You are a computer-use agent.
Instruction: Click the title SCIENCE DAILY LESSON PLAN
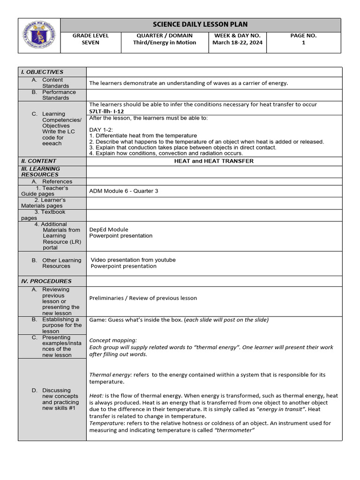pos(200,24)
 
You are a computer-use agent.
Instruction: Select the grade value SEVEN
pos(90,43)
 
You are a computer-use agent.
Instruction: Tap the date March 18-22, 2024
pos(238,43)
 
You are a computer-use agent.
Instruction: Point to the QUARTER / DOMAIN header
pos(165,36)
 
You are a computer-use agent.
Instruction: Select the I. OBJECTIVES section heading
pos(42,72)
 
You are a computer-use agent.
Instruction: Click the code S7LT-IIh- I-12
pos(106,112)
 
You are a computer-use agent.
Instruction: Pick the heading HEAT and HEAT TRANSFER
pos(214,161)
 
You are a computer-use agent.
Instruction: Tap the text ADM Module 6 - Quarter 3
pos(123,191)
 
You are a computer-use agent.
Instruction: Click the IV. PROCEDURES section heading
pos(46,281)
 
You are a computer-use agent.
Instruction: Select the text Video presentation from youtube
pos(133,260)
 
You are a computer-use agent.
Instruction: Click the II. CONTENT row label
pos(38,161)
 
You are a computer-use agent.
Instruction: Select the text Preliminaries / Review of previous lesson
pos(143,298)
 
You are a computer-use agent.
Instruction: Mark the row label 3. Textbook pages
pos(45,215)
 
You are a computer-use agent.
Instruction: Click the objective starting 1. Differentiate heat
pos(143,135)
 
